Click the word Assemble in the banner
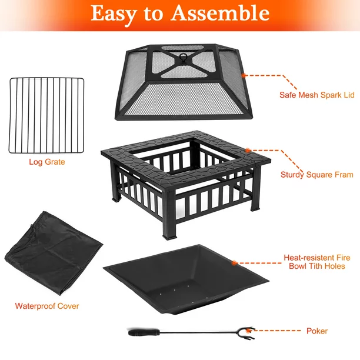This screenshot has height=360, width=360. pos(220,14)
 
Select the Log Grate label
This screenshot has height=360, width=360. pos(47,162)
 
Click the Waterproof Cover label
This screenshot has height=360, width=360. pos(47,306)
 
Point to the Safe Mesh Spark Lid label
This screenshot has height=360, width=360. pos(317,95)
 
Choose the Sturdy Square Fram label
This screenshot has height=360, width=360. pos(317,175)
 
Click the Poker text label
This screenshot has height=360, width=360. pos(317,331)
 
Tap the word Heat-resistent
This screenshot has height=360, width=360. pos(309,258)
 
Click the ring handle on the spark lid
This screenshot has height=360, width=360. pos(183,56)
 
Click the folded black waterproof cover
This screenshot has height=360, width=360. pos(54,253)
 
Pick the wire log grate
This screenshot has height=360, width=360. pos(46,115)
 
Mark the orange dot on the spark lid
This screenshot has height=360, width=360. pos(244,75)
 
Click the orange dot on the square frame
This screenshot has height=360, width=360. pos(248,151)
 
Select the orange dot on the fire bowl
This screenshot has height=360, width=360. pos(234,263)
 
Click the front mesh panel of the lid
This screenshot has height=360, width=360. pos(184,99)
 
